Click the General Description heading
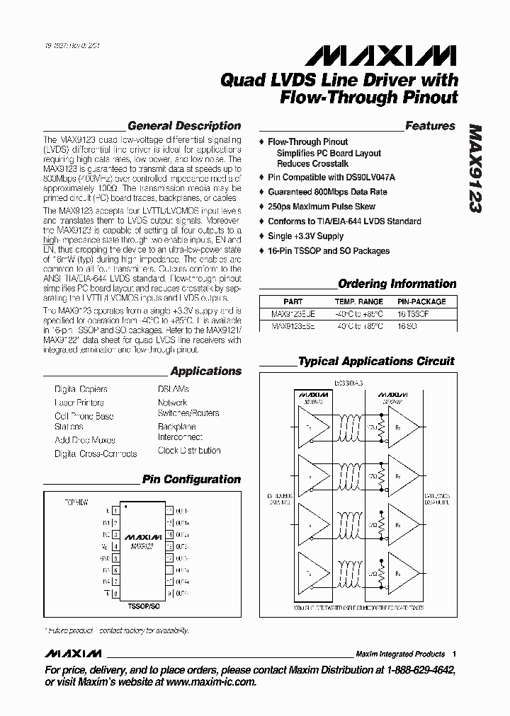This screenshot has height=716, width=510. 183,126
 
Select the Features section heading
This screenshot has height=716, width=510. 429,126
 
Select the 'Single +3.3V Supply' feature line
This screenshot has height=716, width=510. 305,236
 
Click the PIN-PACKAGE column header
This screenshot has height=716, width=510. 422,301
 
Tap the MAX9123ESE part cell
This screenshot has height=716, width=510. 293,327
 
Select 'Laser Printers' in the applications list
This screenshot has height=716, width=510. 79,403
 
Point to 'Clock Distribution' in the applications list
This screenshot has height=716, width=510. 189,450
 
